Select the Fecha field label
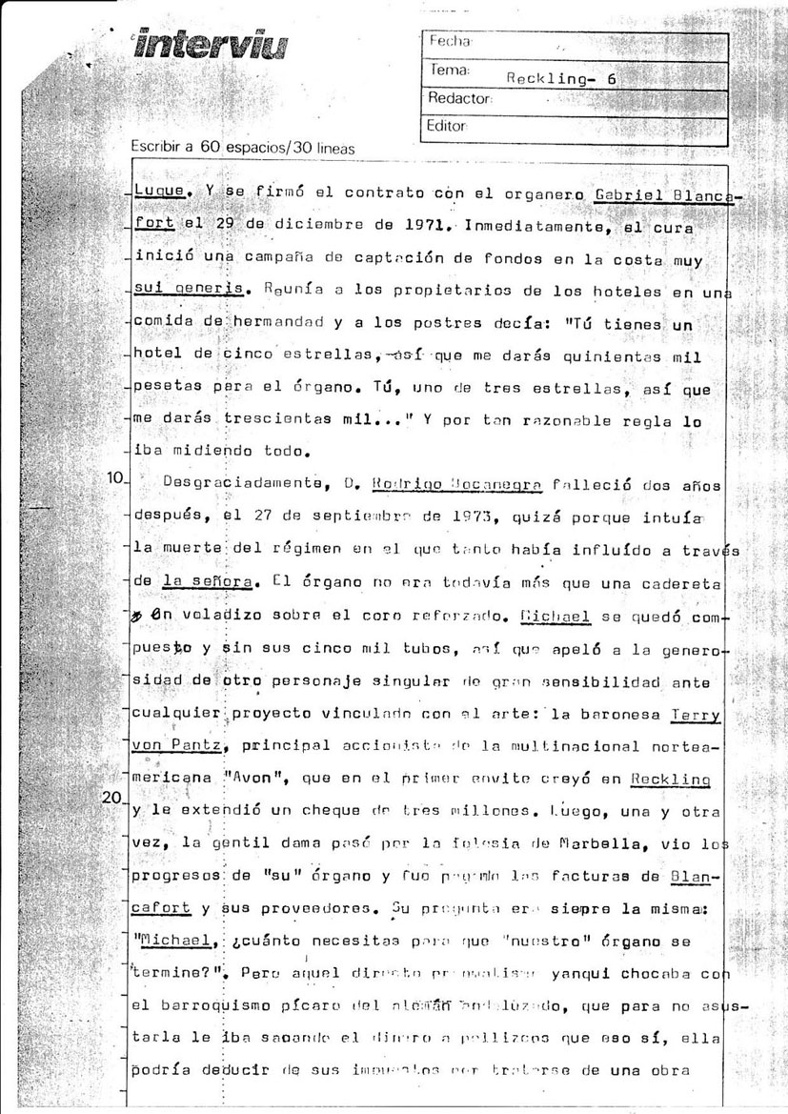451,42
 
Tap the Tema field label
449,71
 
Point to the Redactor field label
460,97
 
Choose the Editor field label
450,125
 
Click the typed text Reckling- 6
563,79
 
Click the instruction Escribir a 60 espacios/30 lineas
242,148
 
